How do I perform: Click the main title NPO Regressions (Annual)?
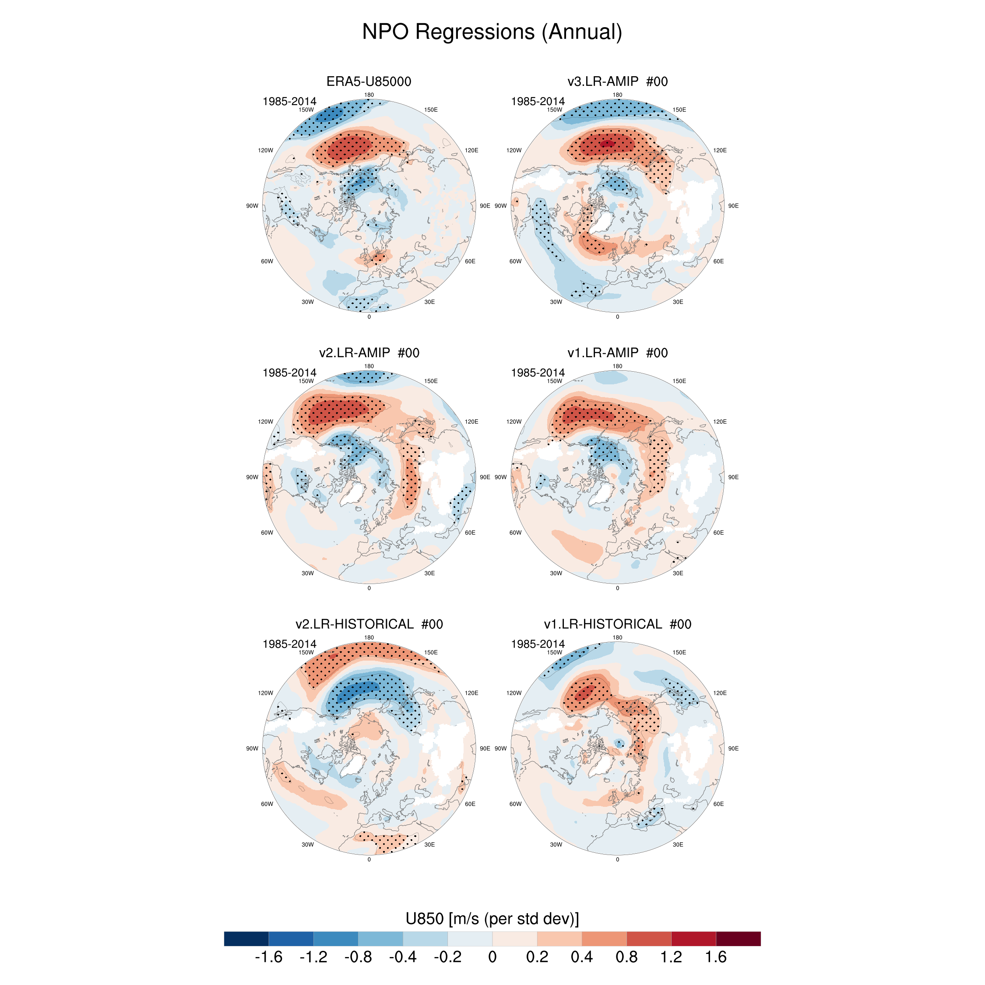[492, 32]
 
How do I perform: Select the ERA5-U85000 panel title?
[369, 81]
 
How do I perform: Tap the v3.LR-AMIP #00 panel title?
[617, 81]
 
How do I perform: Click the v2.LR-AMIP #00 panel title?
[369, 353]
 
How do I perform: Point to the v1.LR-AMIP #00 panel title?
[617, 353]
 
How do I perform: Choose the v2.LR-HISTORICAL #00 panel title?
[369, 624]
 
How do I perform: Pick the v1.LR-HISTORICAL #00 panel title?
[617, 624]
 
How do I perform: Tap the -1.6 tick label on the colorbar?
[268, 957]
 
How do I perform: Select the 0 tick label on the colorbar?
[492, 957]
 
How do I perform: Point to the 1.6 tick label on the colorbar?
[715, 957]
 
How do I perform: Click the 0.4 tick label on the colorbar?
[581, 957]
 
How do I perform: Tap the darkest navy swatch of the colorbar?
[246, 939]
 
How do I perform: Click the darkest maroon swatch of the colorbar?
[738, 939]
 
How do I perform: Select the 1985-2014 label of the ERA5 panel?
[289, 102]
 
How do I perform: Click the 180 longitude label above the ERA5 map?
[369, 95]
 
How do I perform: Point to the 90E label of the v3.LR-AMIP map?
[733, 206]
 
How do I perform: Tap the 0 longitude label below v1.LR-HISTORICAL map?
[617, 860]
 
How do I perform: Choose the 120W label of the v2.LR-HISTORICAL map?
[266, 693]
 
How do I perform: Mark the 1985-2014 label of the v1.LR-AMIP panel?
[538, 373]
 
